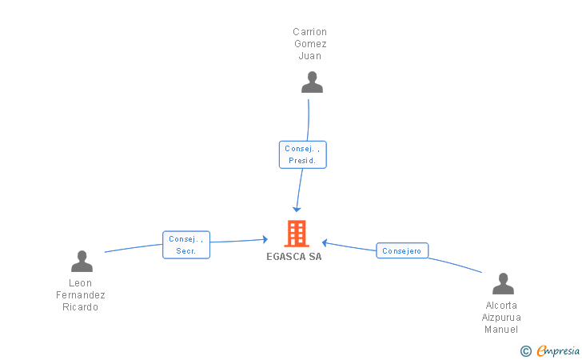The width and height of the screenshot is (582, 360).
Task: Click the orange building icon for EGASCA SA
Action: (297, 234)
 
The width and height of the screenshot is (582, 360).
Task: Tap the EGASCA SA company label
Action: (294, 257)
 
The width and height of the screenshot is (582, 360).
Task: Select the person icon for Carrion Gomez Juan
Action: (312, 82)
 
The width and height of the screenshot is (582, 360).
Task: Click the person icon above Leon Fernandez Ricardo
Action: (82, 261)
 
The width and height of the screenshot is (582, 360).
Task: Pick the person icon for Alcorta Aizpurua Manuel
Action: (503, 283)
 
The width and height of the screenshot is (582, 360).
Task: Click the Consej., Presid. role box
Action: (302, 154)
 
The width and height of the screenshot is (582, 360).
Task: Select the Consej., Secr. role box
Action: (186, 245)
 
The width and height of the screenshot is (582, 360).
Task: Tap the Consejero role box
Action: (402, 250)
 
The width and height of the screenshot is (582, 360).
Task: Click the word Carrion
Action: (309, 32)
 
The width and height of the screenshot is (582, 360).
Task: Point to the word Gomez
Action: (310, 44)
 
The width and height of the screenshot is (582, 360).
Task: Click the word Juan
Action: (310, 56)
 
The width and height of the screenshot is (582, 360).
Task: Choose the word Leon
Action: (80, 283)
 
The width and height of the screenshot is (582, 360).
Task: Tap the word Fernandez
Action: (81, 295)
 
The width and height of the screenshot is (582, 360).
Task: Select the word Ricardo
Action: (80, 307)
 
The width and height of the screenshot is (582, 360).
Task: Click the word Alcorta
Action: (501, 306)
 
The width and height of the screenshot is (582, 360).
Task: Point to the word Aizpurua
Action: (501, 318)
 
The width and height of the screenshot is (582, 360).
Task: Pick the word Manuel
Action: (501, 330)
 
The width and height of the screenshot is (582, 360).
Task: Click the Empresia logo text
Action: (558, 350)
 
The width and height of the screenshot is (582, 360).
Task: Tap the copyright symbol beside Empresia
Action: (526, 351)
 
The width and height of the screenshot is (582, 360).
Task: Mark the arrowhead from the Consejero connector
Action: (325, 243)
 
